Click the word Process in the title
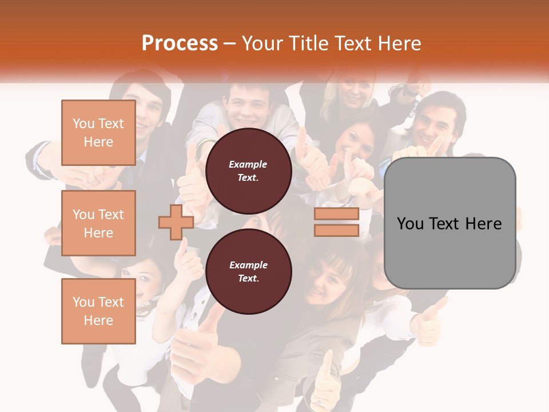click(x=180, y=43)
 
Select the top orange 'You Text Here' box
click(x=98, y=133)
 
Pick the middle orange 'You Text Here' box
click(x=98, y=223)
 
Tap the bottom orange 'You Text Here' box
click(x=98, y=311)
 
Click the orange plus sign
click(x=176, y=221)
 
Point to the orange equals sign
click(x=336, y=222)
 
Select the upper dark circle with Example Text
click(x=248, y=171)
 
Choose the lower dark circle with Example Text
click(x=248, y=272)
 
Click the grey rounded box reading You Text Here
click(x=449, y=223)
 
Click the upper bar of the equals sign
click(x=336, y=214)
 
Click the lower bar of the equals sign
click(x=336, y=230)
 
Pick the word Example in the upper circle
click(x=248, y=164)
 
